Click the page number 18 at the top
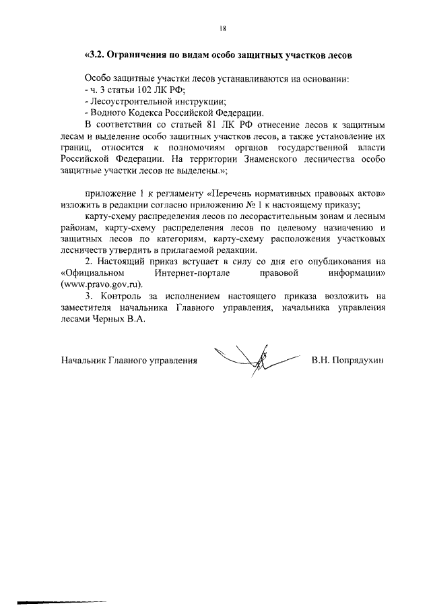[223, 28]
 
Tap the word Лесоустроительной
[130, 101]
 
